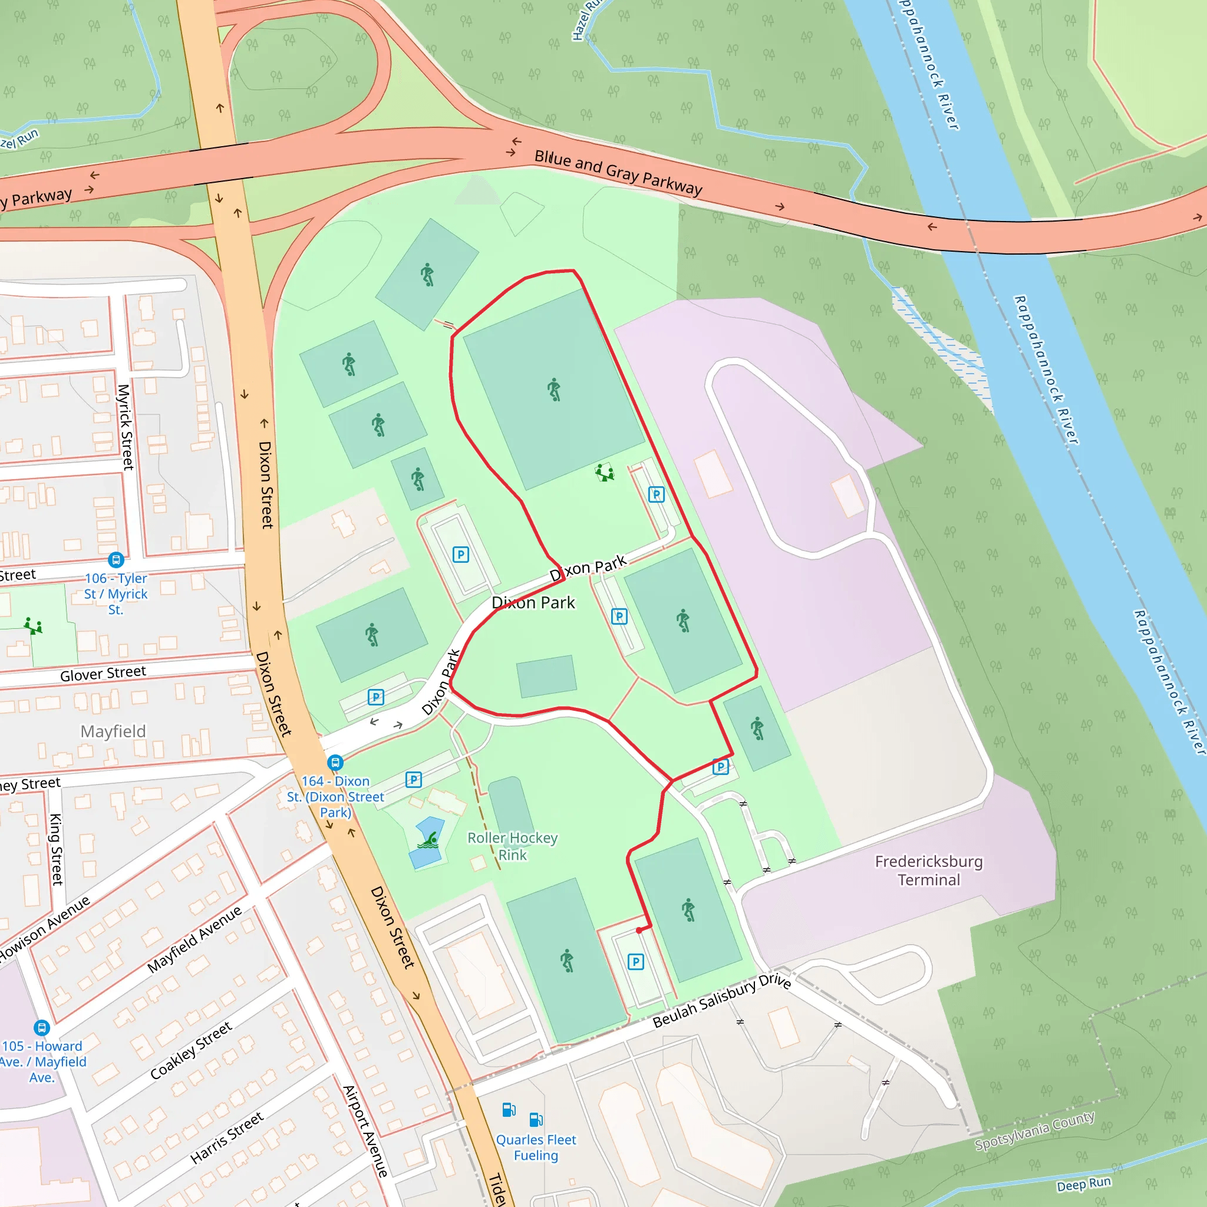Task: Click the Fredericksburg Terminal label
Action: [x=928, y=870]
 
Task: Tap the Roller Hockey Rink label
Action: [x=512, y=846]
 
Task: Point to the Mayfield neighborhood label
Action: [x=113, y=731]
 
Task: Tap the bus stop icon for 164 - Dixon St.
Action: [x=335, y=762]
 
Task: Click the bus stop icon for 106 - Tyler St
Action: [x=116, y=559]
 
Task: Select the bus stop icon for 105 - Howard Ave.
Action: [x=41, y=1028]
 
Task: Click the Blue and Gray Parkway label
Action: [x=618, y=172]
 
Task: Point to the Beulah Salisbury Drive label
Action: [x=721, y=1000]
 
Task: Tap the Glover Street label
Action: [x=103, y=674]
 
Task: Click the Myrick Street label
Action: [x=126, y=427]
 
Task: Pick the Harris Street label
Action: [x=227, y=1137]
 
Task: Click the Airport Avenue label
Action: [x=365, y=1132]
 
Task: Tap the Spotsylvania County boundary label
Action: [x=1034, y=1130]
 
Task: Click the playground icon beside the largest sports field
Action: [x=604, y=472]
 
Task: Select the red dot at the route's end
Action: [x=639, y=930]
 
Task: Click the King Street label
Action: [x=56, y=849]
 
